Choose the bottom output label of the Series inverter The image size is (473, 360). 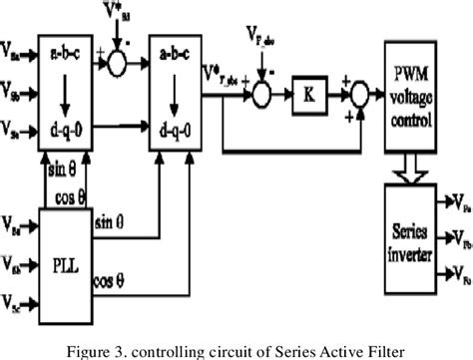pos(457,271)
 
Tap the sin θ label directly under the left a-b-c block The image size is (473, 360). pos(61,173)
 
